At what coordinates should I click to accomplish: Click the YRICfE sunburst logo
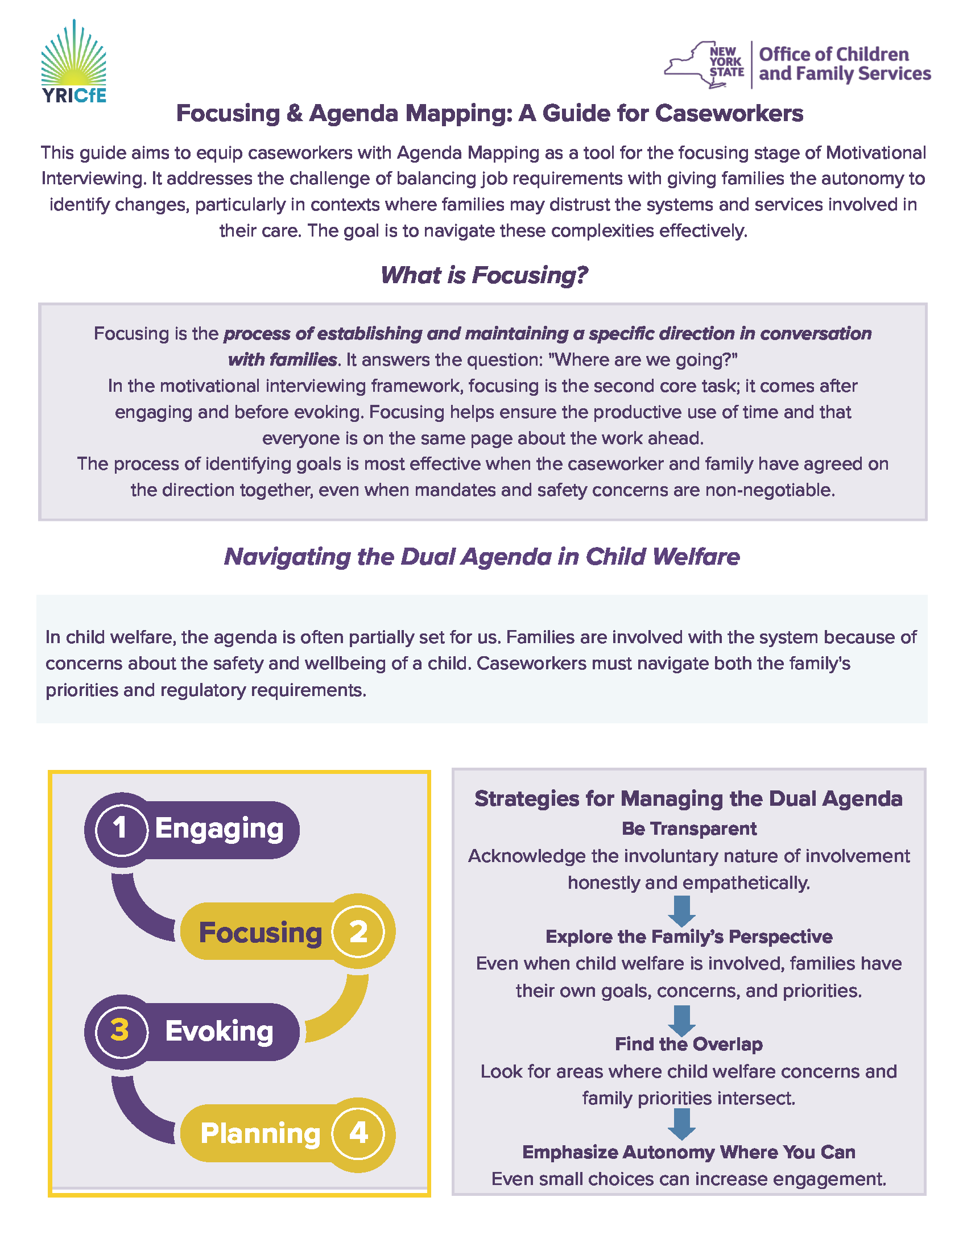click(x=73, y=57)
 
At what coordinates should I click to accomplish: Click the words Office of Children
click(x=833, y=55)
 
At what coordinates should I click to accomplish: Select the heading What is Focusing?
click(x=484, y=275)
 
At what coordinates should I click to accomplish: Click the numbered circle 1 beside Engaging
click(x=120, y=829)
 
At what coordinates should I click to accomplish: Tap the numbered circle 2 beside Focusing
click(x=358, y=931)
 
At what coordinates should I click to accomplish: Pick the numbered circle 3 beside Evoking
click(x=120, y=1030)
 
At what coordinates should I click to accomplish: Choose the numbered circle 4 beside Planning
click(x=358, y=1132)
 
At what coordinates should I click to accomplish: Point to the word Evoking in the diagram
click(x=220, y=1031)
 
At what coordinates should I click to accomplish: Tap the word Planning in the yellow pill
click(x=260, y=1133)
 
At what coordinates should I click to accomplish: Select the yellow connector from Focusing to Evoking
click(x=344, y=1011)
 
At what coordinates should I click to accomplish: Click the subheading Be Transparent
click(x=689, y=829)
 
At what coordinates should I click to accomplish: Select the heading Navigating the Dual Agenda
click(x=482, y=557)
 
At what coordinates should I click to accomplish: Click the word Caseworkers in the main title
click(x=729, y=113)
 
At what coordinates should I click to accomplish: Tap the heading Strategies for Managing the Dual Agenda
click(x=689, y=798)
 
